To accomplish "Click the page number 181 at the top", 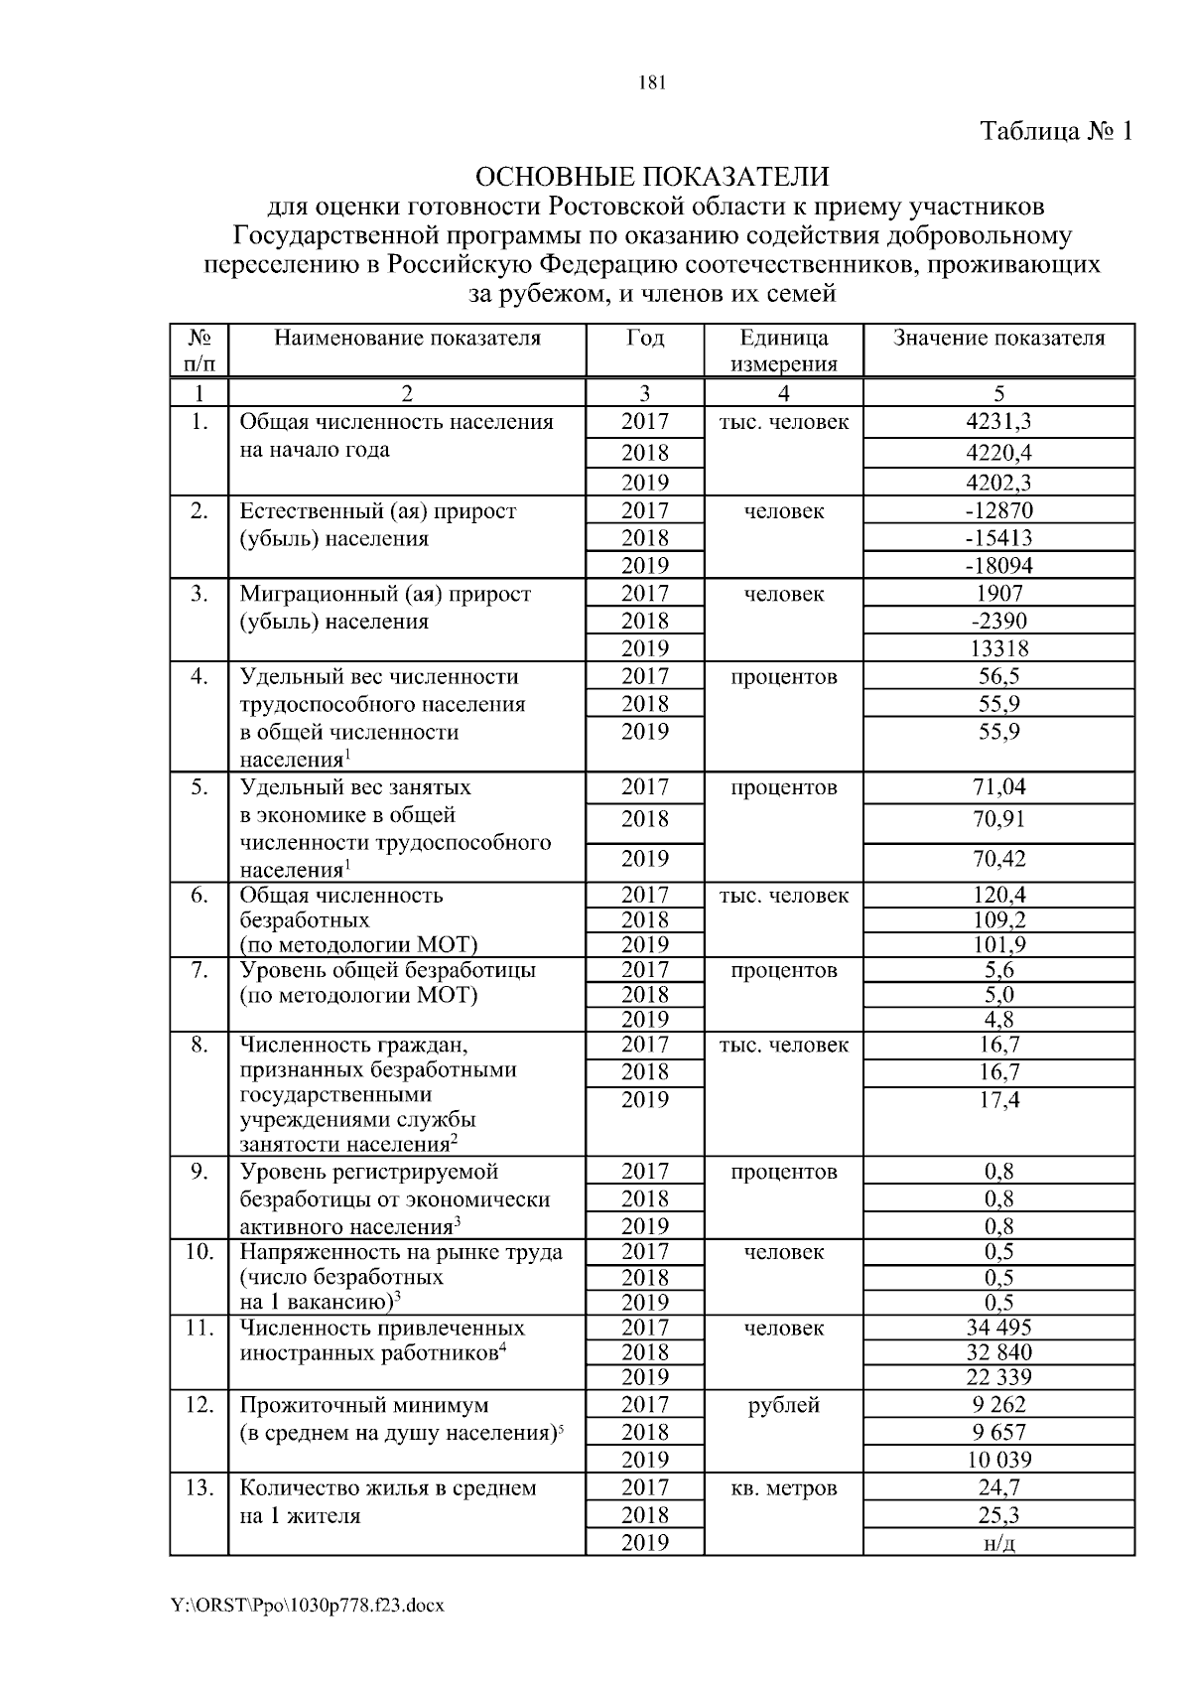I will [x=651, y=83].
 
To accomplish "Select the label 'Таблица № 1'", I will [x=1056, y=131].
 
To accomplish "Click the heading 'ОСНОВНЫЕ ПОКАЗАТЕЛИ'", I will [x=652, y=178].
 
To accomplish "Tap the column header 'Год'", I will [x=645, y=339].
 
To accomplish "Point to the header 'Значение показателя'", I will [x=998, y=339].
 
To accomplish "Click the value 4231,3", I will [x=998, y=422].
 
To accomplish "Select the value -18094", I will [x=998, y=566].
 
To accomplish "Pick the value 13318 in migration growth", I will [x=998, y=649].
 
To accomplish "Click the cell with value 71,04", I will [x=998, y=788].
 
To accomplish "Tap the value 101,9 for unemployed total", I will [x=998, y=945].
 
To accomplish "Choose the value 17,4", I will [x=998, y=1100].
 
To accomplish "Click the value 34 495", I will [x=998, y=1329].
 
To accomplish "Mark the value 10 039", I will [x=998, y=1461].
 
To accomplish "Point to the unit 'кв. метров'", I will [x=783, y=1488].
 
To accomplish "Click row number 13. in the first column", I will [x=199, y=1488].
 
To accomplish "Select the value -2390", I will [x=998, y=622].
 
